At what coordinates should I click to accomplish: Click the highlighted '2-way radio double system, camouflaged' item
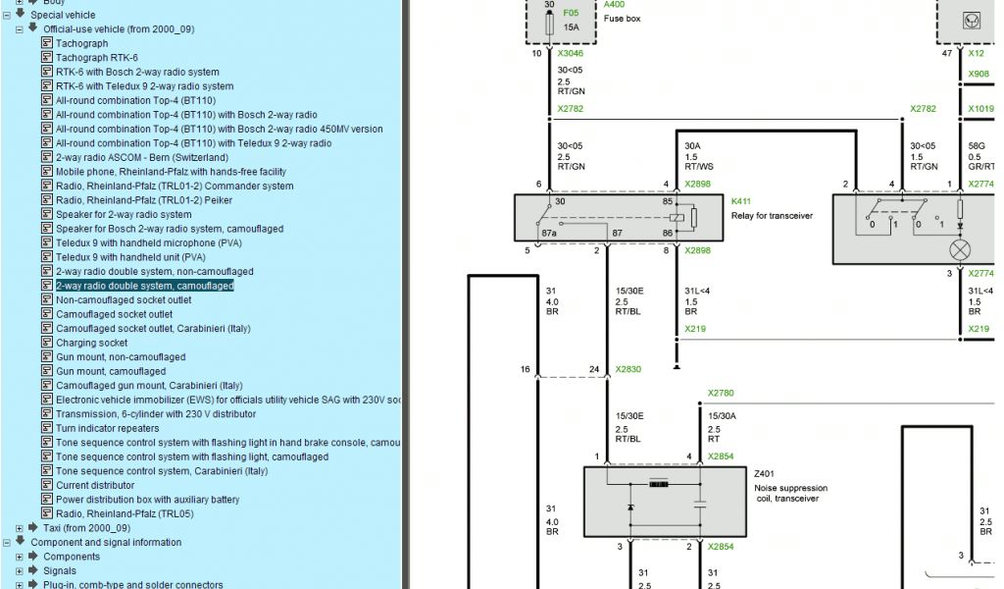pyautogui.click(x=144, y=286)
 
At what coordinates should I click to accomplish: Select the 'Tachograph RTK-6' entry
pyautogui.click(x=96, y=58)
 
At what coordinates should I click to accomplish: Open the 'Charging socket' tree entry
pyautogui.click(x=91, y=343)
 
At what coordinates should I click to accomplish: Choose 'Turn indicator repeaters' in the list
pyautogui.click(x=107, y=428)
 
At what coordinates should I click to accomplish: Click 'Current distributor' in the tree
pyautogui.click(x=95, y=485)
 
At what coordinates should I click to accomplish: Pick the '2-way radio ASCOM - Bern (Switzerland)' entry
pyautogui.click(x=141, y=157)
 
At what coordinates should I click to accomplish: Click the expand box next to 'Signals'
pyautogui.click(x=20, y=570)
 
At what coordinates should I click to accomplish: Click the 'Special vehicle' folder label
pyautogui.click(x=63, y=15)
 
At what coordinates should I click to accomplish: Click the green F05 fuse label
pyautogui.click(x=571, y=13)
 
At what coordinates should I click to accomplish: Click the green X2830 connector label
pyautogui.click(x=627, y=370)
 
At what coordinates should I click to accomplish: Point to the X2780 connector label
pyautogui.click(x=721, y=393)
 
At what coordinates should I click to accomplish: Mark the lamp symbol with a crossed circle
pyautogui.click(x=959, y=249)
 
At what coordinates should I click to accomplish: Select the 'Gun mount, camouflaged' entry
pyautogui.click(x=110, y=371)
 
